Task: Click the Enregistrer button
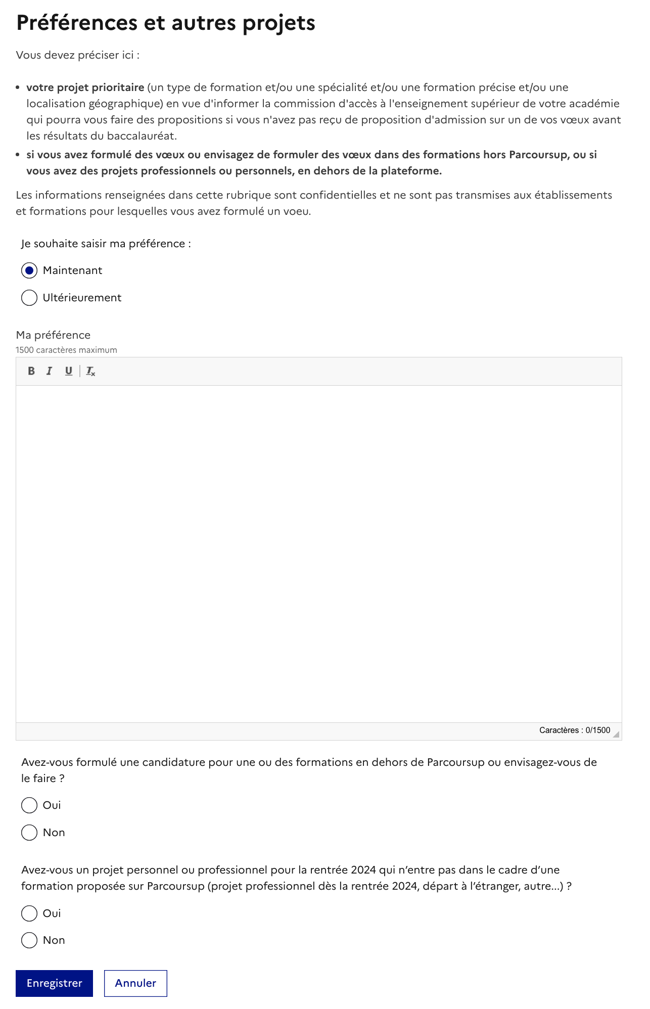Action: tap(54, 983)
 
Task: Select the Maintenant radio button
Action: tap(29, 271)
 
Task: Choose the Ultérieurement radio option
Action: tap(29, 298)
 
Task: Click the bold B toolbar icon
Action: tap(31, 371)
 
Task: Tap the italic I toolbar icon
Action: tap(49, 371)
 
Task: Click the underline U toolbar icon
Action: tap(68, 371)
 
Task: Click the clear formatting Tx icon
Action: tap(90, 372)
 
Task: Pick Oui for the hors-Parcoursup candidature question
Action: tap(29, 805)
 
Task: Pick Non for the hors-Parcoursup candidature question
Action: tap(29, 833)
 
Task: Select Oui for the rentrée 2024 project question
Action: tap(29, 913)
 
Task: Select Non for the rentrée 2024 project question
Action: tap(29, 940)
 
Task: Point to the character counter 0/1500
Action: tap(574, 730)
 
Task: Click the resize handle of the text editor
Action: tap(616, 735)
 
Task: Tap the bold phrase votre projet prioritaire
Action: tap(85, 87)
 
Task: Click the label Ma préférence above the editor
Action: tap(53, 335)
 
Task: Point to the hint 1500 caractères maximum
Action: tap(66, 350)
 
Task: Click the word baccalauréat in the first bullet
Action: tap(142, 136)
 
